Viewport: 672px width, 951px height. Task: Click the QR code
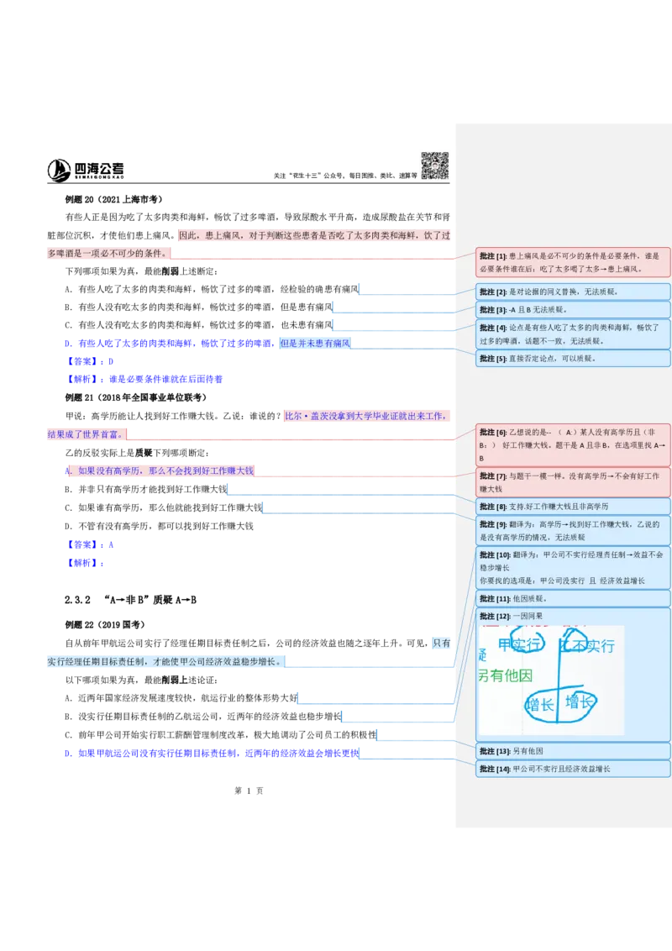coord(433,165)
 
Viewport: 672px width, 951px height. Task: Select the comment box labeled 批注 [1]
coord(573,262)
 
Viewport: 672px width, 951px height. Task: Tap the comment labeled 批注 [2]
coord(573,292)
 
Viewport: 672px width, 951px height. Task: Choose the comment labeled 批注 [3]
coord(573,310)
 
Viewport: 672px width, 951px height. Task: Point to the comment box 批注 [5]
coord(573,359)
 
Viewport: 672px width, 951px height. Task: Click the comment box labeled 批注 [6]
coord(573,445)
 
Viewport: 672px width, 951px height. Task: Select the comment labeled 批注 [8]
coord(573,507)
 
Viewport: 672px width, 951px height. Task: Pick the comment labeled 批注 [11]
coord(573,599)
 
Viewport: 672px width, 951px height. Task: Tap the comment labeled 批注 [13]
coord(573,751)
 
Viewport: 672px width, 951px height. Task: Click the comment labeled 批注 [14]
coord(573,769)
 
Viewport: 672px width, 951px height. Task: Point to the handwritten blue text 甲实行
coord(519,645)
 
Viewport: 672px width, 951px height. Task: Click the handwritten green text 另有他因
coord(505,675)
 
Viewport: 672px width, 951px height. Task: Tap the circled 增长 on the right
coord(580,702)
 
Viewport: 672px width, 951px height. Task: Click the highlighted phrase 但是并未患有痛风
coord(315,343)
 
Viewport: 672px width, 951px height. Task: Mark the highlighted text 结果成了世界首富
coord(83,434)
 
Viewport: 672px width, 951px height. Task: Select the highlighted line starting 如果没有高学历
coord(165,471)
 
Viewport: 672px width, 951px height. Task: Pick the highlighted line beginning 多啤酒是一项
coord(106,253)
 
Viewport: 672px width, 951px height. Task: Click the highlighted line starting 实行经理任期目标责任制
coord(164,662)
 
